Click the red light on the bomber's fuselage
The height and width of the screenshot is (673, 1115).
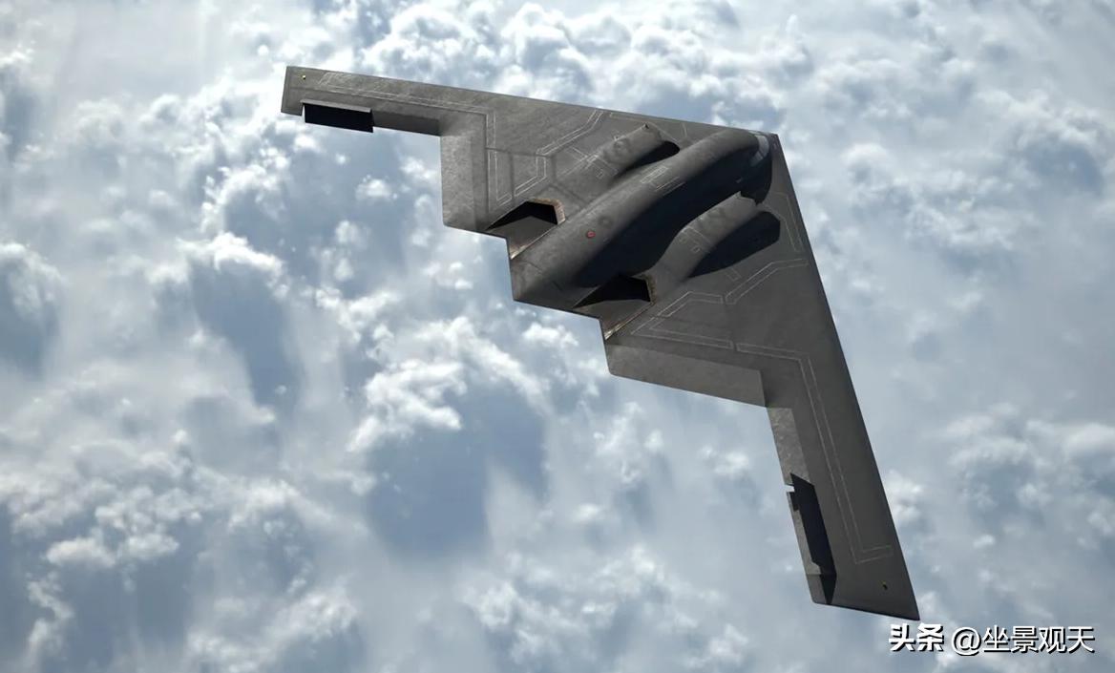coord(590,233)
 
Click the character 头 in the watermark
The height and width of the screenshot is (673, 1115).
coord(904,638)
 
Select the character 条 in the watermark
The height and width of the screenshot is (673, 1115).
coord(933,638)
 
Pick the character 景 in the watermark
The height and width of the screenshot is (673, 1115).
coord(1024,639)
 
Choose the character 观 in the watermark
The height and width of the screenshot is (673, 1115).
coord(1052,639)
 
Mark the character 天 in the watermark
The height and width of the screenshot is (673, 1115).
coord(1081,639)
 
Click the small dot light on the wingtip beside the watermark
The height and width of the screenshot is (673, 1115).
coord(884,585)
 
